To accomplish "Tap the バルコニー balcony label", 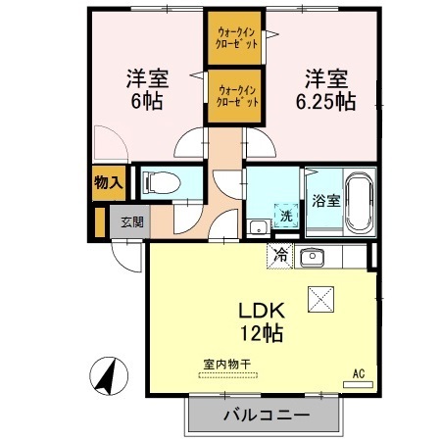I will [266, 416].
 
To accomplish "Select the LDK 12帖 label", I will [261, 320].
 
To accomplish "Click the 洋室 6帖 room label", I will [143, 88].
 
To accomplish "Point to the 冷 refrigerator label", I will [280, 256].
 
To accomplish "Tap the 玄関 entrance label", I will [132, 220].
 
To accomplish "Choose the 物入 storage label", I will [108, 182].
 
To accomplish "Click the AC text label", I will [358, 373].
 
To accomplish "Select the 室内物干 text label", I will [227, 365].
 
